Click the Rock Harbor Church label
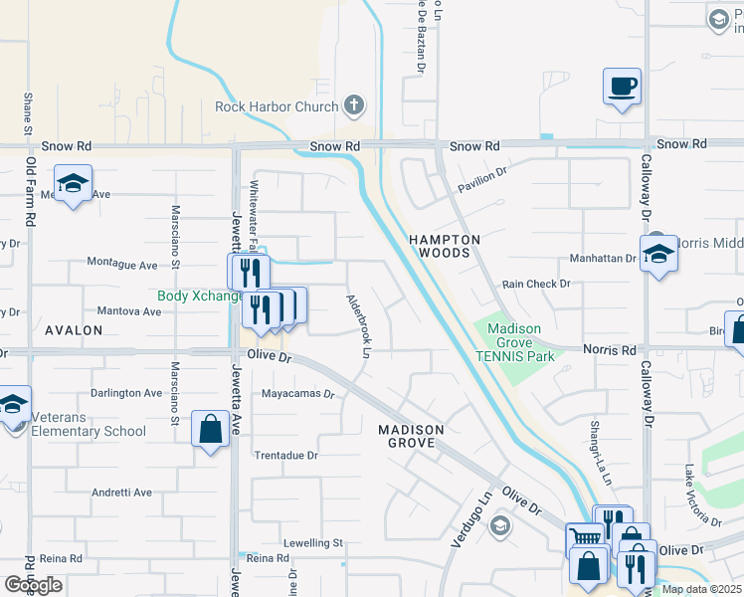pos(278,106)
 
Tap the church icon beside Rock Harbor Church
pos(352,104)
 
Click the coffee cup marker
pos(622,86)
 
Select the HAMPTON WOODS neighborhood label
pos(445,246)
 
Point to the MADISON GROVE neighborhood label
pos(410,435)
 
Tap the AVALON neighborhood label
pos(73,329)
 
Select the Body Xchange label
pos(200,296)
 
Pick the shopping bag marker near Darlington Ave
pos(210,430)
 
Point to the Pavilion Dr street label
pos(482,179)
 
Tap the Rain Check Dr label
pos(536,284)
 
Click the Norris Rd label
pos(616,350)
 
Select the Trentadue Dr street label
pos(285,455)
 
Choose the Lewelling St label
pos(312,543)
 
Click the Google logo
pos(33,585)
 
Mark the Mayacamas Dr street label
pos(297,393)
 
